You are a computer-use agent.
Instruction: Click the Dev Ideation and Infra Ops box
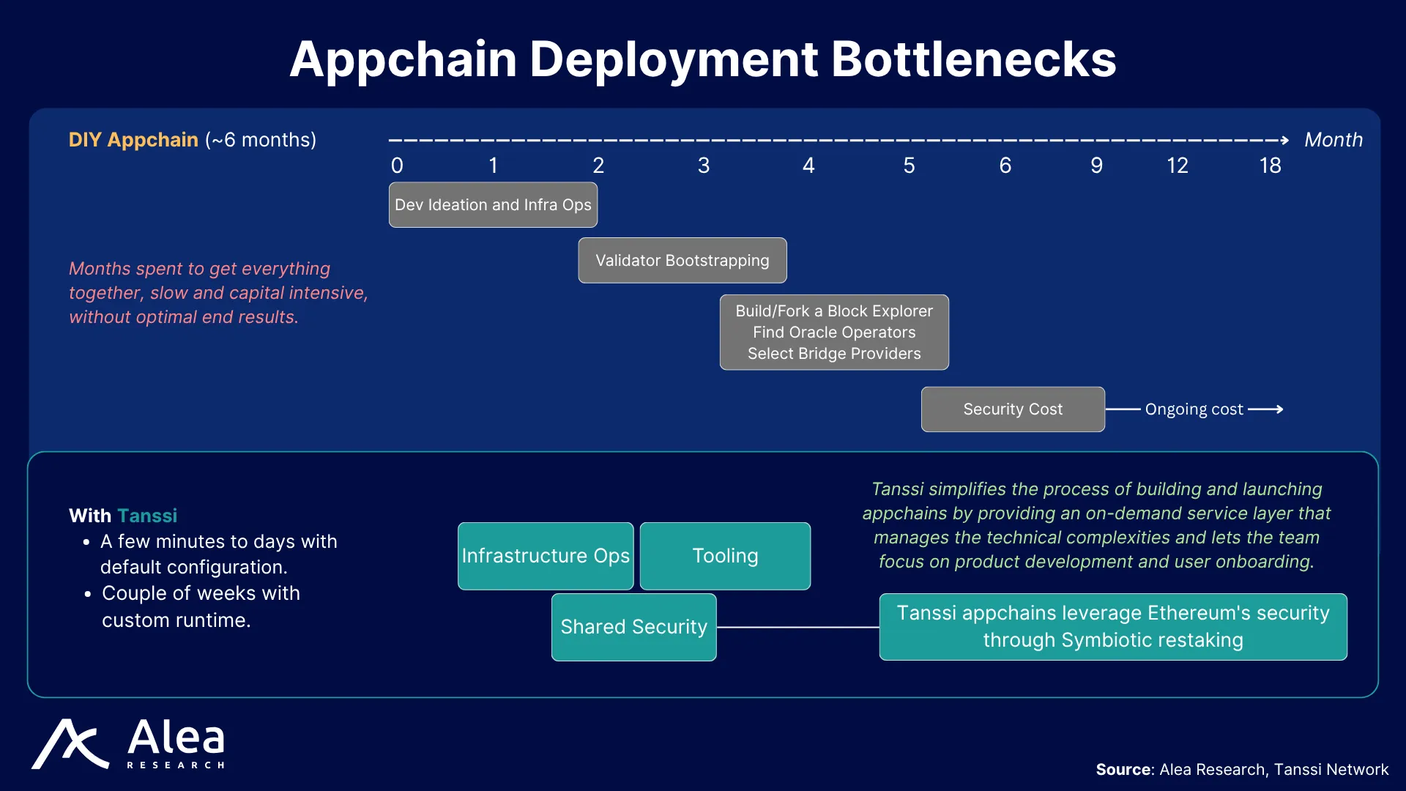[x=493, y=205]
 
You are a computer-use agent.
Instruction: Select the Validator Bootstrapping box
[x=682, y=260]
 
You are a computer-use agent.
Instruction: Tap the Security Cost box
[x=1013, y=409]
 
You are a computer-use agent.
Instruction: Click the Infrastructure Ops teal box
[x=546, y=556]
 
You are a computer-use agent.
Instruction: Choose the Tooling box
[x=725, y=556]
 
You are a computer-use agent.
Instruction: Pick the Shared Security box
[x=634, y=627]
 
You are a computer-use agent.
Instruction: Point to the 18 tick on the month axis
[x=1271, y=166]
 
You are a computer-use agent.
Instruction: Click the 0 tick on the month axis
[x=397, y=166]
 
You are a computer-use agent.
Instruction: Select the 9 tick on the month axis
[x=1096, y=166]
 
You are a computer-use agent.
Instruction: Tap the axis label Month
[x=1334, y=140]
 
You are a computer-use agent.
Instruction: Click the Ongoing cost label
[x=1194, y=409]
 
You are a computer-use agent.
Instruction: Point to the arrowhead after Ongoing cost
[x=1279, y=409]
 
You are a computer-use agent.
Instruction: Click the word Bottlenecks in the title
[x=974, y=59]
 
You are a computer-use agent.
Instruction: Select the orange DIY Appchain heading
[x=133, y=140]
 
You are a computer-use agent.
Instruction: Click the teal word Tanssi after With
[x=147, y=516]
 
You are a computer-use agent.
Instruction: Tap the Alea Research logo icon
[x=70, y=744]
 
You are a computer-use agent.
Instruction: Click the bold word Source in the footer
[x=1123, y=770]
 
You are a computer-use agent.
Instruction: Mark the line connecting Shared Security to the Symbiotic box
[x=798, y=627]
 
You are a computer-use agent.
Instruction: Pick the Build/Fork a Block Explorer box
[x=834, y=333]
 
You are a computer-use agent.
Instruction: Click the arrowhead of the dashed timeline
[x=1285, y=140]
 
